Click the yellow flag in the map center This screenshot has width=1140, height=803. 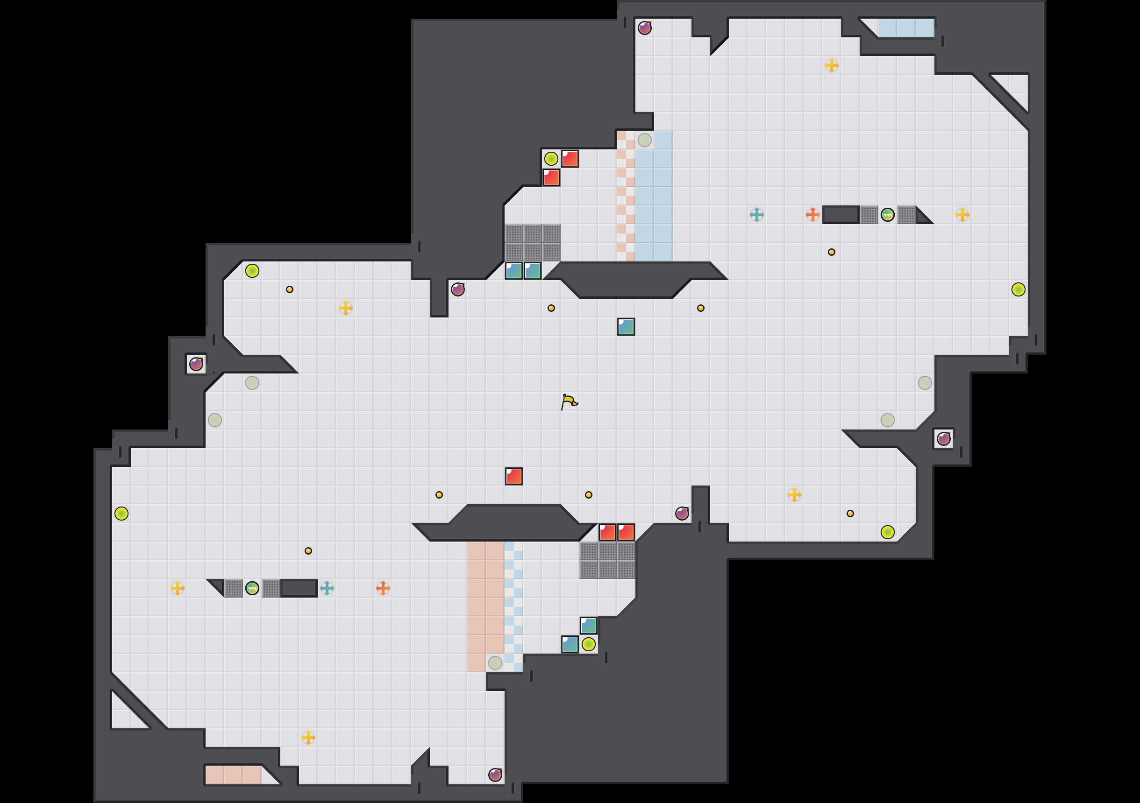click(569, 401)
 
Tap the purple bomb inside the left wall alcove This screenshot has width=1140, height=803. click(196, 364)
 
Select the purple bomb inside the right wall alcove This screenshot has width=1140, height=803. click(943, 439)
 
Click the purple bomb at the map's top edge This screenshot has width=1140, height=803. click(644, 28)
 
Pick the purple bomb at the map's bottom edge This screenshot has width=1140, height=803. click(495, 775)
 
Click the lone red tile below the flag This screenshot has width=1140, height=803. click(514, 476)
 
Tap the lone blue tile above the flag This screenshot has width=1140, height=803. click(626, 326)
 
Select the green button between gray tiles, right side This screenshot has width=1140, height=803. click(887, 215)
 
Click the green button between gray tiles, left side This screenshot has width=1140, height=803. click(252, 588)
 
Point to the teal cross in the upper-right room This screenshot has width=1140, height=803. click(757, 215)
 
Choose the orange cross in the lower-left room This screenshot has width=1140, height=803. click(383, 588)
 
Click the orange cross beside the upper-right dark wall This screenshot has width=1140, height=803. click(813, 215)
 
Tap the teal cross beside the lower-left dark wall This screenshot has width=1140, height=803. click(327, 588)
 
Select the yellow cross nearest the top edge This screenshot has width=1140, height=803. click(832, 65)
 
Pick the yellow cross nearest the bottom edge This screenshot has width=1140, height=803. click(308, 738)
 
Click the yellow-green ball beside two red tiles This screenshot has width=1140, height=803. click(551, 159)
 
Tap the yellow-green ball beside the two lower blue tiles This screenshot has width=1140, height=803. click(588, 644)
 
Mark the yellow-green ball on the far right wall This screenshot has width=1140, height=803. click(1019, 289)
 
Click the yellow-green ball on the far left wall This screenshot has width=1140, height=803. click(121, 514)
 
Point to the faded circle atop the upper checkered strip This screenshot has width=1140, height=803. click(644, 140)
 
